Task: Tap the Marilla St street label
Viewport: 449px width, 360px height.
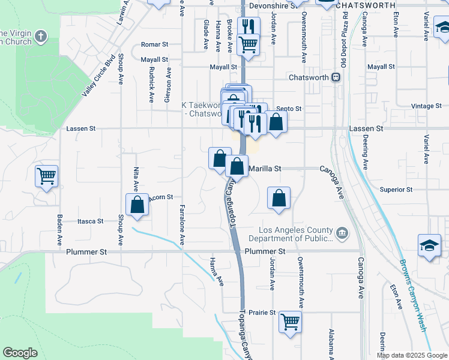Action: pos(265,169)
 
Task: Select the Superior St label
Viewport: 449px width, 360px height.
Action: pos(396,190)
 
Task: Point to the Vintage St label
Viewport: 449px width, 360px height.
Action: pos(427,106)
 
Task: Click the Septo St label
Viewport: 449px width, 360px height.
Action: pos(289,109)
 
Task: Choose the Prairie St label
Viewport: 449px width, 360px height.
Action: pos(262,313)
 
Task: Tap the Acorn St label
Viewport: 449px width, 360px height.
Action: pos(161,197)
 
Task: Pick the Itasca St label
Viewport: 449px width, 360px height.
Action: pos(91,221)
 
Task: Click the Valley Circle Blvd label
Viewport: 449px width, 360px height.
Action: pos(98,75)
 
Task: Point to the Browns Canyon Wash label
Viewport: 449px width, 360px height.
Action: pos(413,294)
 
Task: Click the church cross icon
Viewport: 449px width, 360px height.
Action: pos(41,37)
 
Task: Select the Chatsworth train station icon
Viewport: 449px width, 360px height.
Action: pos(336,77)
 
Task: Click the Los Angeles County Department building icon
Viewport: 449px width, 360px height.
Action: pos(342,233)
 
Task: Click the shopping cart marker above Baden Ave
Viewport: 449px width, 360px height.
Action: pos(46,176)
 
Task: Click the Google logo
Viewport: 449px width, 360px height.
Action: pos(20,353)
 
